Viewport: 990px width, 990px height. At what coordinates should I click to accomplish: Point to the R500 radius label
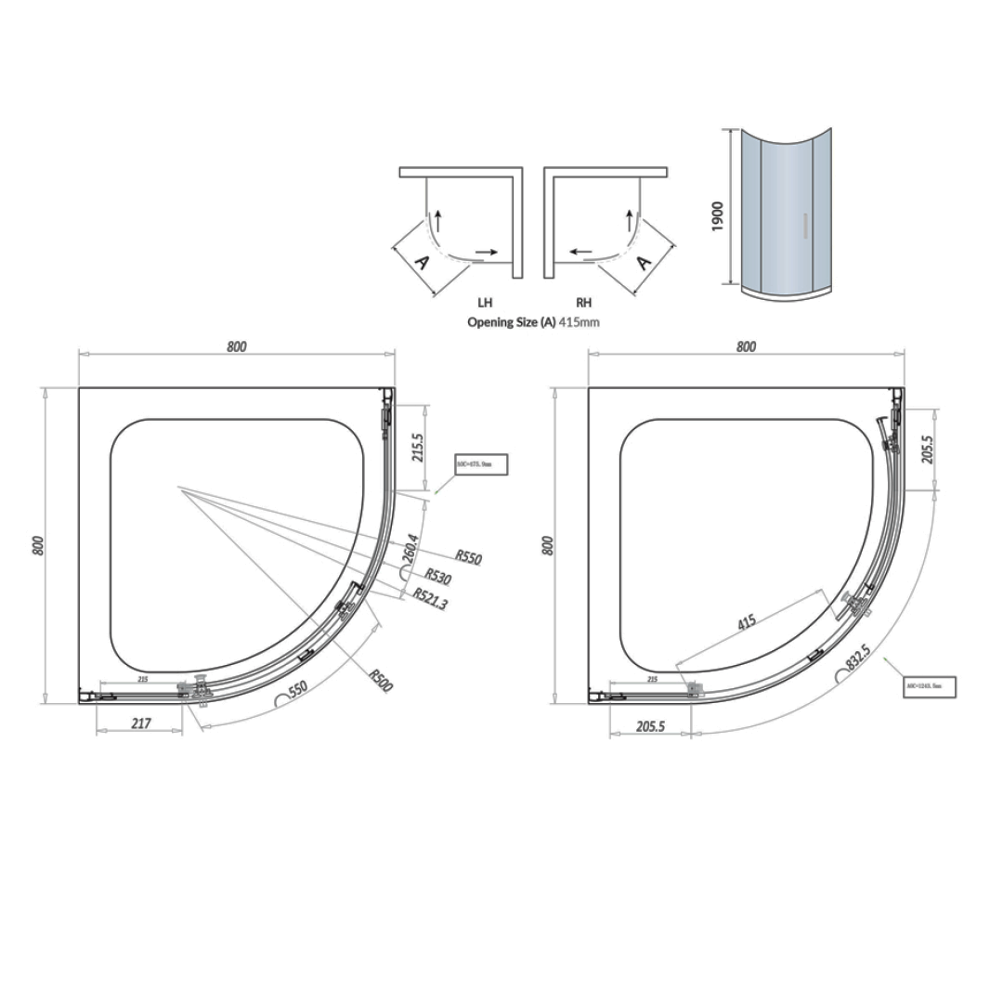point(381,681)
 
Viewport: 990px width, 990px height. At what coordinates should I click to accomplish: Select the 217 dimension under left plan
point(140,723)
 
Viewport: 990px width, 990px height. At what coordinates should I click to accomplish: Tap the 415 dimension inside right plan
point(748,623)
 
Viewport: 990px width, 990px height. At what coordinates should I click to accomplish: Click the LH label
point(485,303)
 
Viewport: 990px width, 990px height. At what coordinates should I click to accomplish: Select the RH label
point(583,303)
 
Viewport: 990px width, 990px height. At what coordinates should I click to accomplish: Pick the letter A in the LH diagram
point(420,262)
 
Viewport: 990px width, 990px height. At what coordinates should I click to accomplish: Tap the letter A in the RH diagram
point(644,262)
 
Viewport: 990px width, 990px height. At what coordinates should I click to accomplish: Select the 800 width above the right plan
point(746,347)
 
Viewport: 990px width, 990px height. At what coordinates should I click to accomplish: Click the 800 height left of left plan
point(38,545)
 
